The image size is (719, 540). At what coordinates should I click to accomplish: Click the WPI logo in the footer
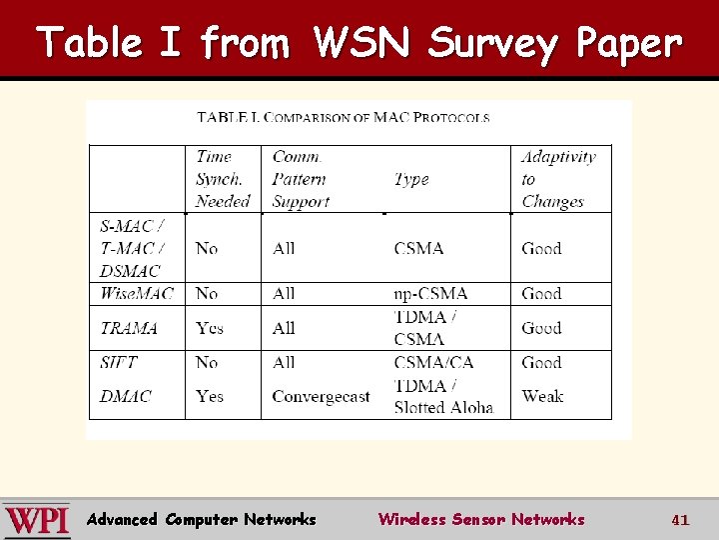(37, 520)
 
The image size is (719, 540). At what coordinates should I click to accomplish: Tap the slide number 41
(680, 520)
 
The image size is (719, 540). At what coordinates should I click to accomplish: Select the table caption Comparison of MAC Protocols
(344, 117)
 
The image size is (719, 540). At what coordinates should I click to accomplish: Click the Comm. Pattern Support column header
(301, 179)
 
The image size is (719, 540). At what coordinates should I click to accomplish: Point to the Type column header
(411, 179)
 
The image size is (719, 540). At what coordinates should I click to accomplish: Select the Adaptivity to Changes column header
(557, 179)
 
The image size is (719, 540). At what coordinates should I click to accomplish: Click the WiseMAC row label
(137, 293)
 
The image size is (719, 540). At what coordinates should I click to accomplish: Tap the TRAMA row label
(128, 328)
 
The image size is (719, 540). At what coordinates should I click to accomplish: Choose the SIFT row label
(119, 362)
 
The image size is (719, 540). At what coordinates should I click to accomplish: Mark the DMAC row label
(124, 396)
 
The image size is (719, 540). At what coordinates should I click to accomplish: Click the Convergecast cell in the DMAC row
(321, 397)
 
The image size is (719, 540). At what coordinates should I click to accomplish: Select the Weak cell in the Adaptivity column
(542, 396)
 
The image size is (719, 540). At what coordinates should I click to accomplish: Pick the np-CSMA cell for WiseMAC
(430, 293)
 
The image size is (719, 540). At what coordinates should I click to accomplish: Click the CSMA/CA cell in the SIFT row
(433, 362)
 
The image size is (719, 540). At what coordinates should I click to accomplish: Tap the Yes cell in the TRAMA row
(210, 328)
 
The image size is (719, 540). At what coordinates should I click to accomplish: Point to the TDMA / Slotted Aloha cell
(443, 396)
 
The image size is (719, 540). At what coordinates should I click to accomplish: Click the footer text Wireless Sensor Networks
(481, 519)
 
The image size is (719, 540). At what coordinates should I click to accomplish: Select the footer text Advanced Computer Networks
(202, 519)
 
